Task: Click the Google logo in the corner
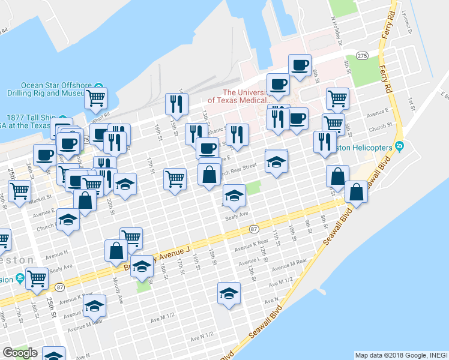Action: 20,353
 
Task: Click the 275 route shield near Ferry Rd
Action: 361,55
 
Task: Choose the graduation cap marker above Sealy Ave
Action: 234,195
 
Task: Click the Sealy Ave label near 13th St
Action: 235,214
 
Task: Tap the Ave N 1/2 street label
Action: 202,337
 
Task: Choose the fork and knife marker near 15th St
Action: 176,104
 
